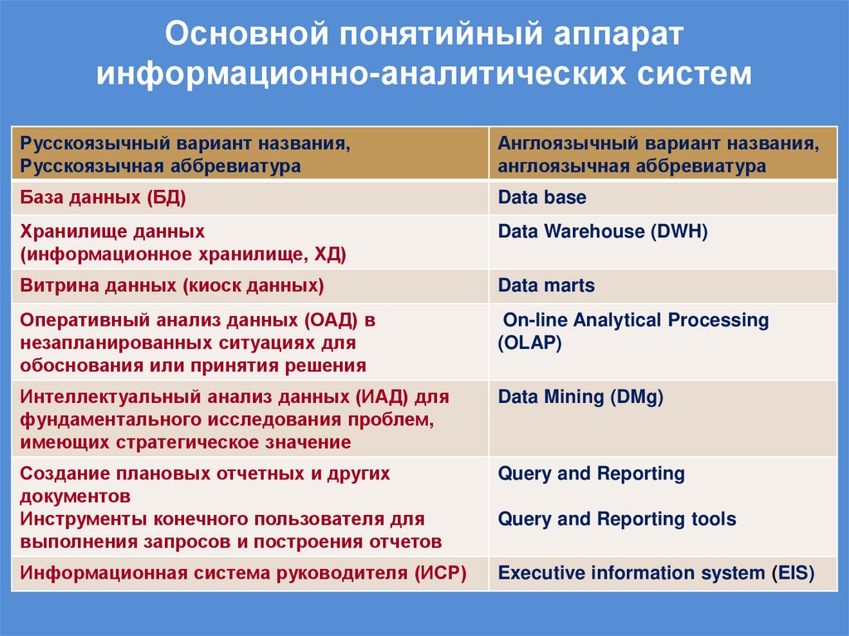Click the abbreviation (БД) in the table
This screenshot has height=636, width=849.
tap(166, 197)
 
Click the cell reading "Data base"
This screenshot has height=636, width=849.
tap(542, 197)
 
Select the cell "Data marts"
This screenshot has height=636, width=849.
tap(546, 286)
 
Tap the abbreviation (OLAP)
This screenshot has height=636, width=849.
tap(530, 342)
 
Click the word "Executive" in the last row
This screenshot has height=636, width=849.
tap(542, 573)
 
